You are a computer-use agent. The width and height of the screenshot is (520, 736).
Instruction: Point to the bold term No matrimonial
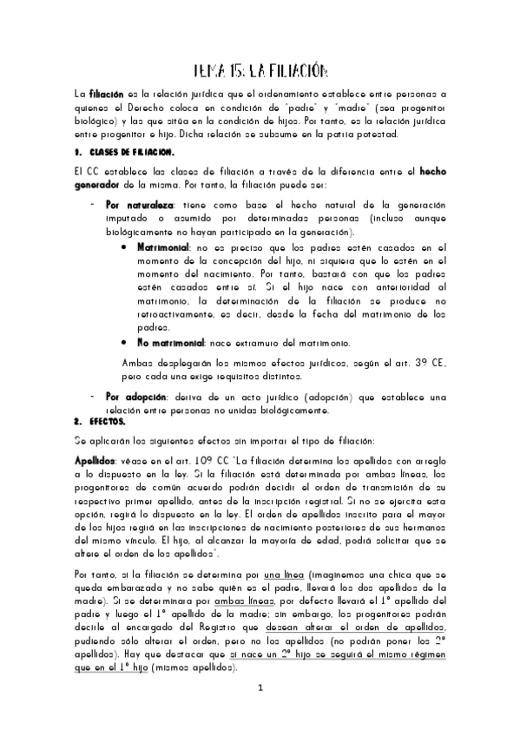(x=171, y=344)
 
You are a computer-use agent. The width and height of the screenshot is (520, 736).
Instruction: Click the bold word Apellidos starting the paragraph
(x=95, y=459)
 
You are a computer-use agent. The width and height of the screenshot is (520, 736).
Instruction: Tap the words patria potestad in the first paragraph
(x=361, y=135)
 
